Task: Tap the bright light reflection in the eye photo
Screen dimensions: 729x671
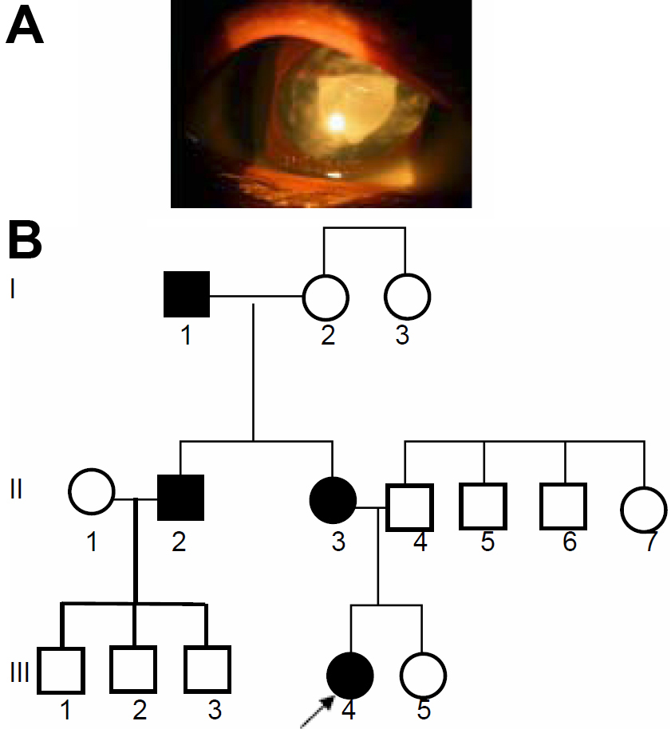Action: pyautogui.click(x=337, y=122)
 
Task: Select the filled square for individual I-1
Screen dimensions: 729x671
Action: pyautogui.click(x=187, y=295)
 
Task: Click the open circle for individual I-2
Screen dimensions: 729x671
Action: pyautogui.click(x=326, y=297)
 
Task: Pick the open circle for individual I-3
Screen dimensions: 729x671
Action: pyautogui.click(x=407, y=296)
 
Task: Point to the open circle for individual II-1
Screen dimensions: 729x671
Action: pyautogui.click(x=92, y=491)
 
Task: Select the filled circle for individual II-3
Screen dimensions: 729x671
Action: pyautogui.click(x=332, y=499)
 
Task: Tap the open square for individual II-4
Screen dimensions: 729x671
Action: pyautogui.click(x=409, y=505)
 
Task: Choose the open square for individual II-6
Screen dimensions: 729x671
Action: pyautogui.click(x=563, y=506)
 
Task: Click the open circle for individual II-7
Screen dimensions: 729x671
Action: pyautogui.click(x=645, y=506)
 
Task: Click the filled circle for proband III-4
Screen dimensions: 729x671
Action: pyautogui.click(x=350, y=676)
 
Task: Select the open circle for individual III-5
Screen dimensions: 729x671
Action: pyautogui.click(x=423, y=676)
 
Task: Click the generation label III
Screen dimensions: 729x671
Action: pyautogui.click(x=19, y=673)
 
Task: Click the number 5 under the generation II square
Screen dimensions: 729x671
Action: pyautogui.click(x=487, y=542)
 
